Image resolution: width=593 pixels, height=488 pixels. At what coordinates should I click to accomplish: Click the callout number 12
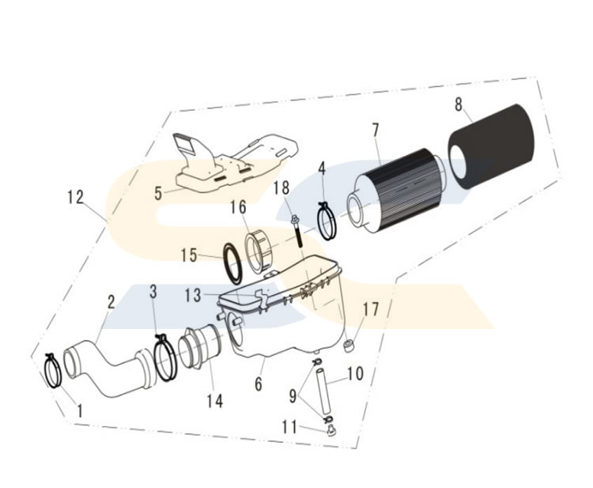click(x=76, y=197)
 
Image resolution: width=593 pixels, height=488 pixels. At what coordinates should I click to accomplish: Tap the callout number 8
click(x=459, y=104)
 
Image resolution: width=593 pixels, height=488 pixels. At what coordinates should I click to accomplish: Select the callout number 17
click(x=370, y=309)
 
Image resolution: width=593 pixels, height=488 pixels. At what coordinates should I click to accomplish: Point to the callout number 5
click(x=158, y=193)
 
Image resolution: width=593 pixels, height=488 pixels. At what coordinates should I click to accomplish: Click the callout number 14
click(x=214, y=401)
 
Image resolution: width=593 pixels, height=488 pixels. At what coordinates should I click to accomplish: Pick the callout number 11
click(x=290, y=427)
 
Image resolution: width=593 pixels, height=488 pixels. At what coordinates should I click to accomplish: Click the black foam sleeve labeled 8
click(x=492, y=148)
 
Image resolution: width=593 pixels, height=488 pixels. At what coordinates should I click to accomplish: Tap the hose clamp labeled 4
click(x=326, y=221)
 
